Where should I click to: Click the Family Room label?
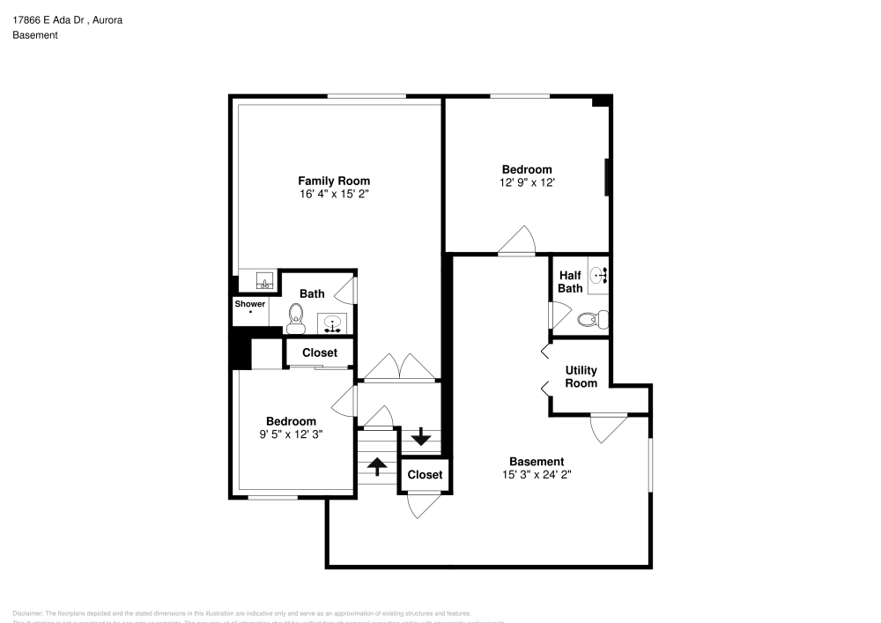[333, 181]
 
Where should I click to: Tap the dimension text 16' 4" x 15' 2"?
[333, 194]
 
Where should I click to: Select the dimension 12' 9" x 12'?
[527, 182]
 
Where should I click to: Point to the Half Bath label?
[570, 281]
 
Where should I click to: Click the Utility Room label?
[581, 376]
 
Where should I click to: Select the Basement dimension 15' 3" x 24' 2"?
[537, 474]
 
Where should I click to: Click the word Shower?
[249, 304]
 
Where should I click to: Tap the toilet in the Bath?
[295, 317]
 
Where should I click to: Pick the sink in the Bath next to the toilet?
[333, 323]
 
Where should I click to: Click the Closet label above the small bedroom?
[319, 352]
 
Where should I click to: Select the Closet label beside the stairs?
[425, 475]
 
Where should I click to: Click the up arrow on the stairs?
[377, 466]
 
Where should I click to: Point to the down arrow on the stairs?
[421, 435]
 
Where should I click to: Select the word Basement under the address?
[35, 35]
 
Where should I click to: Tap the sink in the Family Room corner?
[263, 282]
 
